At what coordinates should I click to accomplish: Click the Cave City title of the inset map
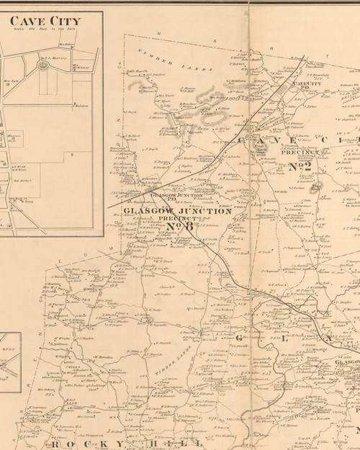(x=45, y=21)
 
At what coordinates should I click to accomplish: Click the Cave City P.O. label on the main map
(x=307, y=86)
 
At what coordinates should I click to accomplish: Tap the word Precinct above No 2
(x=295, y=153)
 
